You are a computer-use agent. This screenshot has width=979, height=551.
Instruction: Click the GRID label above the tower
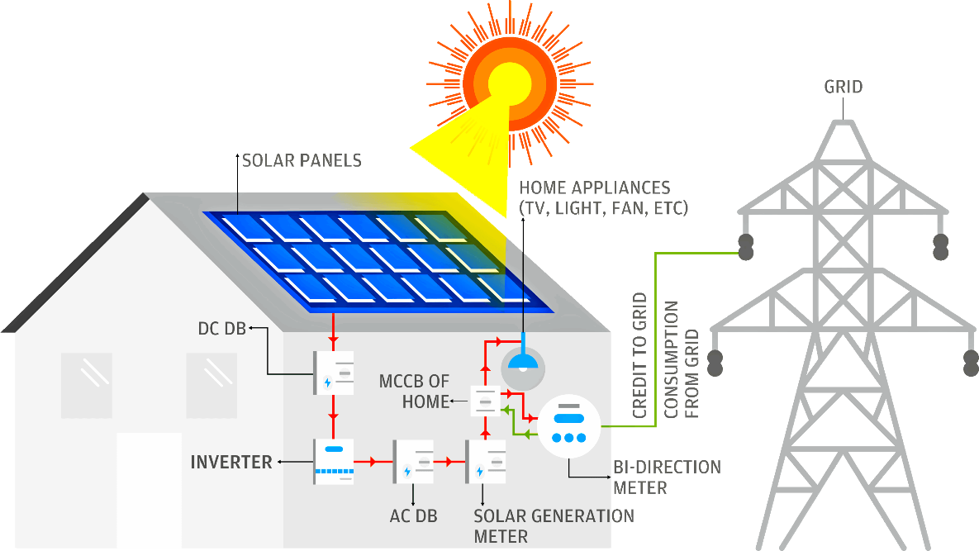tap(843, 87)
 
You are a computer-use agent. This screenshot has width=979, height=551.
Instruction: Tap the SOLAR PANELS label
tap(302, 160)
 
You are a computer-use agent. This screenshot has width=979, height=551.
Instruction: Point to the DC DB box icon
tap(334, 373)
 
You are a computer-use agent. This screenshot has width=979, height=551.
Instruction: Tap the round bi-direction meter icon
tap(568, 425)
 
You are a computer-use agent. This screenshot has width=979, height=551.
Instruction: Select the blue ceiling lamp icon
tap(524, 362)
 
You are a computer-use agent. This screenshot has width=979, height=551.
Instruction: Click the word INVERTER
tap(231, 462)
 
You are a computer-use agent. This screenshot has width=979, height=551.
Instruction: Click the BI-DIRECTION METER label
tap(667, 477)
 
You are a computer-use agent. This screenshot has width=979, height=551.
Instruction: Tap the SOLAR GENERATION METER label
tap(554, 526)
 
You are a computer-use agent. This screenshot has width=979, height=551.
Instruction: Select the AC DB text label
tap(413, 517)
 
